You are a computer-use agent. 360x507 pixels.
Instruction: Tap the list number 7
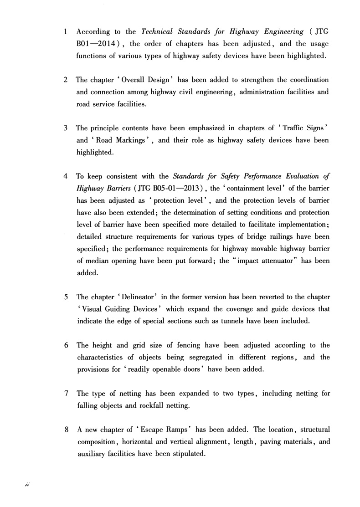coord(66,393)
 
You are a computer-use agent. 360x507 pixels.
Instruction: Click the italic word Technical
coord(158,32)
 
